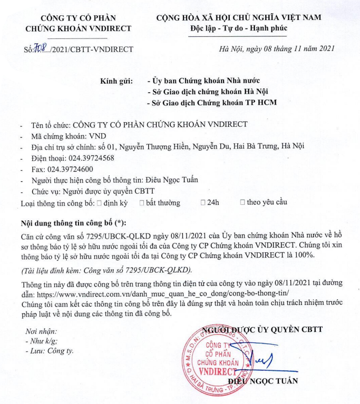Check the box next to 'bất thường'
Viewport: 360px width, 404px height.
pyautogui.click(x=142, y=202)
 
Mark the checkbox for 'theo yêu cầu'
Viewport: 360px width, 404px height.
pyautogui.click(x=242, y=202)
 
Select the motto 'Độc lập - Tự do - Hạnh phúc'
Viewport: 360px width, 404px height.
pyautogui.click(x=242, y=28)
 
